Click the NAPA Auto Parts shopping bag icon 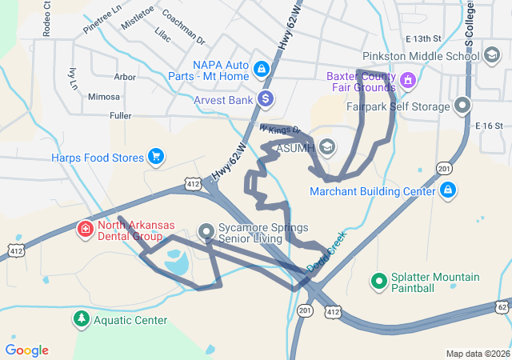[x=261, y=66]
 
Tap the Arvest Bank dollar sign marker [x=266, y=100]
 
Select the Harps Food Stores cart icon [x=155, y=157]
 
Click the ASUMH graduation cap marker [x=326, y=147]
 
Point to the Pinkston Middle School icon [x=492, y=56]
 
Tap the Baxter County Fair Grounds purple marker [x=407, y=79]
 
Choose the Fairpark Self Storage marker [x=462, y=106]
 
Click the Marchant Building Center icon [x=448, y=190]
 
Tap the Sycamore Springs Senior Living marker [x=207, y=231]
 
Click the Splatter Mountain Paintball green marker [x=378, y=281]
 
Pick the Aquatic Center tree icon [x=81, y=320]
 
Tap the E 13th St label [x=423, y=38]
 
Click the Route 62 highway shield [x=502, y=306]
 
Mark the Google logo [x=26, y=350]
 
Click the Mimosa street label [x=104, y=97]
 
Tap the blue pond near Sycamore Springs [x=175, y=261]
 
